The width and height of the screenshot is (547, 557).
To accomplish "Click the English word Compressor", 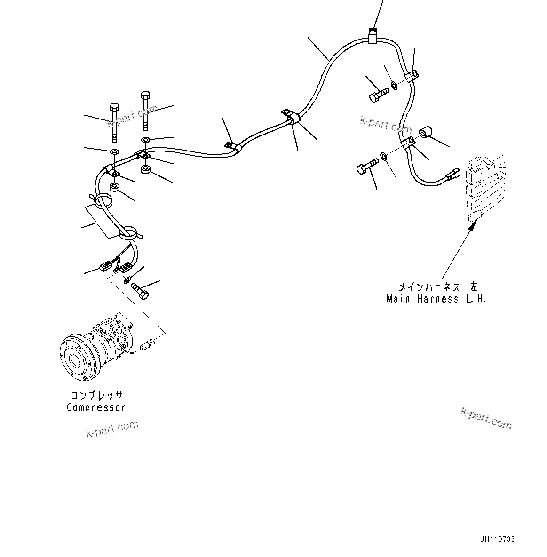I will tap(96, 407).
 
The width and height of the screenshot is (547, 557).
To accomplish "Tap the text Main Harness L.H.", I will tap(436, 299).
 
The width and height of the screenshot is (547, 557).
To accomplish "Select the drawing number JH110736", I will tap(498, 540).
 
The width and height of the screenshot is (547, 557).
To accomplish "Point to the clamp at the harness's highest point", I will tap(373, 36).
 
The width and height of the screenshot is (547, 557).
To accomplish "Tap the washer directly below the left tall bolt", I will tap(114, 152).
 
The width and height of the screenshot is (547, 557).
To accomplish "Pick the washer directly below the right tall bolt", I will tap(146, 139).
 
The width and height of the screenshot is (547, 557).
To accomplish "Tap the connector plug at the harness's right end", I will tap(452, 175).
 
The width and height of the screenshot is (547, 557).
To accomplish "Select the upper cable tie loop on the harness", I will tap(103, 202).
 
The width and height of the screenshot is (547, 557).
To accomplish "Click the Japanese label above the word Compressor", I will tap(96, 396).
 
